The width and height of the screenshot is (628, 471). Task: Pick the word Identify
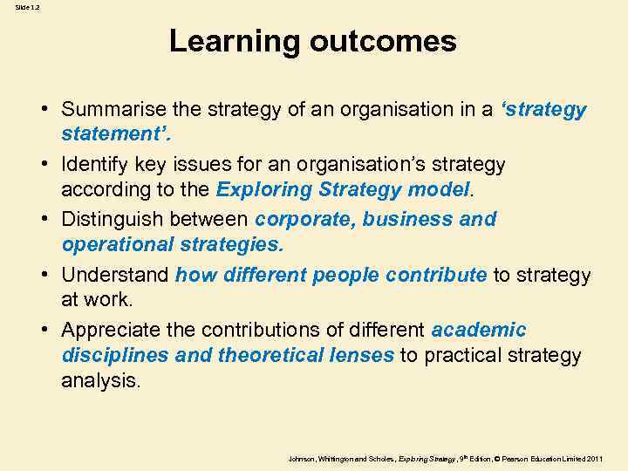[95, 164]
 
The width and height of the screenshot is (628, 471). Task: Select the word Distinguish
[113, 219]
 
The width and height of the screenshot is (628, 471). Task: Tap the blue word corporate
[305, 219]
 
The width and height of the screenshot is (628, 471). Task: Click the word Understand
[115, 275]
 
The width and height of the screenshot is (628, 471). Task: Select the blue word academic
[479, 330]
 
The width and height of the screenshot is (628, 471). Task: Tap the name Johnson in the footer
[301, 458]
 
